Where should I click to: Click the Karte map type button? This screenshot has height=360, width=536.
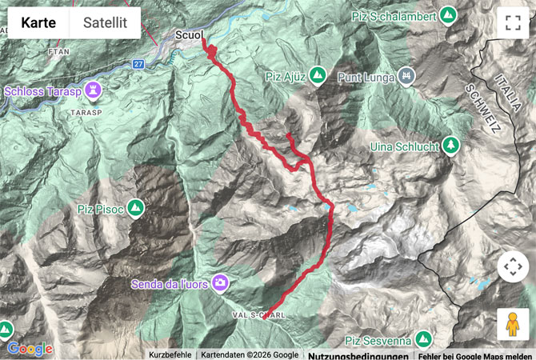tap(38, 23)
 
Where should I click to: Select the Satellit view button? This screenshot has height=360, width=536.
tap(105, 23)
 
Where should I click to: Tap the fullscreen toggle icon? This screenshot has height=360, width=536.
tap(513, 23)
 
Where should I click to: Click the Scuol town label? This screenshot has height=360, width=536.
tap(189, 35)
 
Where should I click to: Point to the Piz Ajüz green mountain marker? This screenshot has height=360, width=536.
tap(318, 75)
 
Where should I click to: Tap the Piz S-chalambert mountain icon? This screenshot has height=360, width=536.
tap(449, 14)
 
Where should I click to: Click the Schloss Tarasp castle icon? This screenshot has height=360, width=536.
tap(95, 90)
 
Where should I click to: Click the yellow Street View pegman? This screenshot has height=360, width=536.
tap(513, 324)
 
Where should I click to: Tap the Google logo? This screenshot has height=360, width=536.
tap(30, 349)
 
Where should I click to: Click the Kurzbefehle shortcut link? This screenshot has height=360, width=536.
tap(170, 355)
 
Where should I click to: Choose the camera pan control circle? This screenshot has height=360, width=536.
tap(513, 266)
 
